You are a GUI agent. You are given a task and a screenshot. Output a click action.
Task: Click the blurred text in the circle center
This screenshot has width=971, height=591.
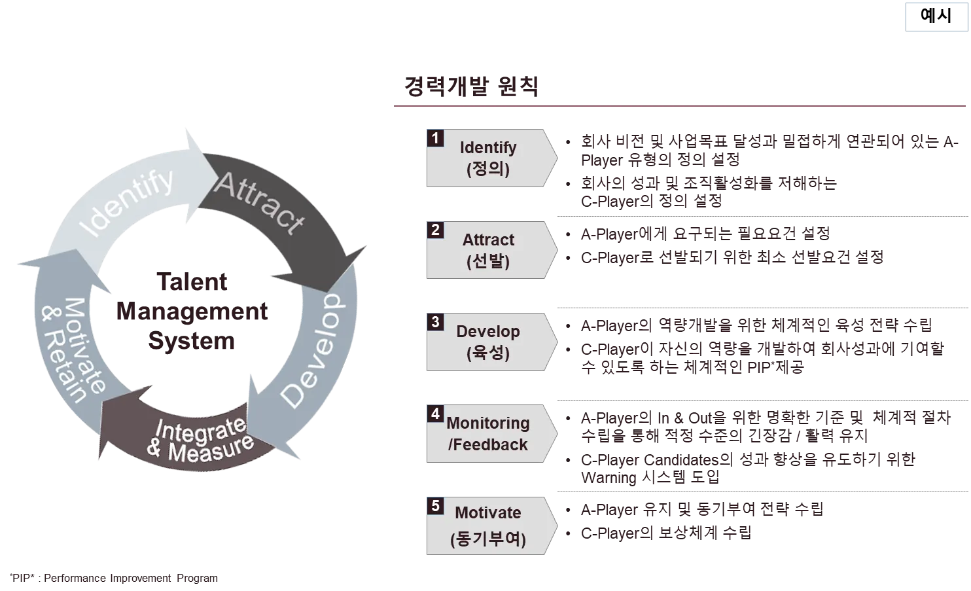tap(193, 313)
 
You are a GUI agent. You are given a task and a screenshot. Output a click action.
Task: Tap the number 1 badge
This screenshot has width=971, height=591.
tap(434, 138)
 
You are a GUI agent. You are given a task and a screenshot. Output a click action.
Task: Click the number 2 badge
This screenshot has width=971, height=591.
tap(434, 230)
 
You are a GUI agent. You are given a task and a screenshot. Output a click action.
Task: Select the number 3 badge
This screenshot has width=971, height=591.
tap(434, 321)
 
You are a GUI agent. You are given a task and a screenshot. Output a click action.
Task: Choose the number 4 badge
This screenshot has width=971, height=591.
tap(434, 414)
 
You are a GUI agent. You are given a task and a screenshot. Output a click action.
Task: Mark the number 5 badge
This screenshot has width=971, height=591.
tap(434, 505)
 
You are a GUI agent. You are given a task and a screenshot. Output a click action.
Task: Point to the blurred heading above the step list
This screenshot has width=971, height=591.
tap(471, 87)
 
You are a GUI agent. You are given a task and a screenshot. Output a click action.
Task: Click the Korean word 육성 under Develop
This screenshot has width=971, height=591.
tap(488, 353)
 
